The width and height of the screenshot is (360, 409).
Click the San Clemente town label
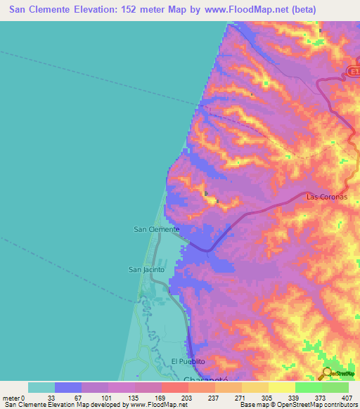pos(156,229)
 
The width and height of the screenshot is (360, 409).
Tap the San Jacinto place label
pos(146,269)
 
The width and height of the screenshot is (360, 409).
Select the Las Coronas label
pos(327,197)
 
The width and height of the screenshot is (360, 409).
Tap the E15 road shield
pos(354,72)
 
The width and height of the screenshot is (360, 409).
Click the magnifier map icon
pos(327,375)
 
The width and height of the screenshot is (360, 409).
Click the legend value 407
pos(348,397)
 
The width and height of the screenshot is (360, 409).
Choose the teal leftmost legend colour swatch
pos(41,387)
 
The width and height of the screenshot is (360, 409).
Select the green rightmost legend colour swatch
pos(335,387)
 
